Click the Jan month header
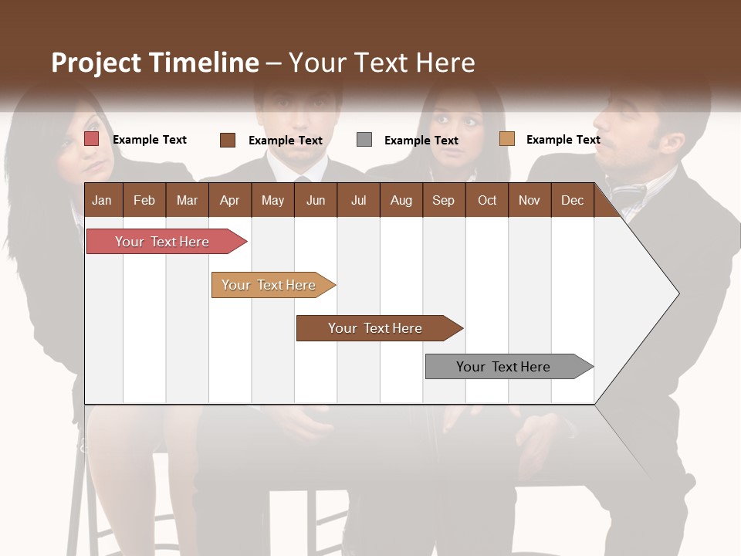[102, 200]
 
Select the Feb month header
[144, 200]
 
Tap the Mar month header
[187, 200]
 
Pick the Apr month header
[229, 200]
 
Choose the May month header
[272, 200]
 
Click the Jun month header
[316, 200]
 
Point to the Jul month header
[358, 200]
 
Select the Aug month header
[401, 200]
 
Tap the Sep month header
[443, 200]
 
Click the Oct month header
[487, 200]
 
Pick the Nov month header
[530, 200]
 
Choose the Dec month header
[572, 200]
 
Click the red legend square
[92, 139]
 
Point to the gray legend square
[364, 140]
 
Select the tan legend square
[506, 139]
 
